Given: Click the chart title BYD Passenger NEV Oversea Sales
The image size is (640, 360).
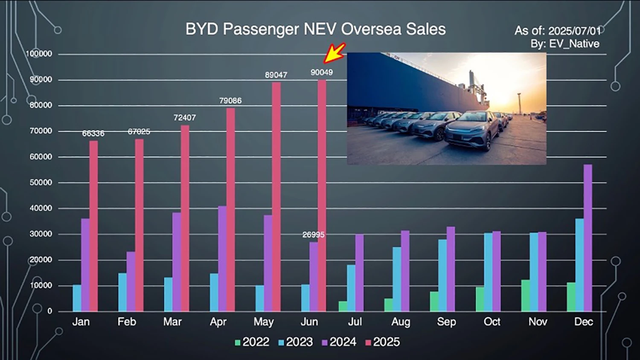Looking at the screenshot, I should [x=315, y=29].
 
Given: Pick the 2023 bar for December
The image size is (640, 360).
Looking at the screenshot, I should [x=579, y=265].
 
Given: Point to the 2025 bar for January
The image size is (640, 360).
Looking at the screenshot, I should [x=93, y=226].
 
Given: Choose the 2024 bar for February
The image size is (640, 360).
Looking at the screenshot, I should [x=131, y=282].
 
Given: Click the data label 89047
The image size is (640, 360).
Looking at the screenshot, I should [x=276, y=75].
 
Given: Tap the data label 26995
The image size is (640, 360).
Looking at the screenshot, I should [x=313, y=235].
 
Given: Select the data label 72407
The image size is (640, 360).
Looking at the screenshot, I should [x=184, y=118].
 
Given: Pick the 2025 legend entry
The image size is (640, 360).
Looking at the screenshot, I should [x=382, y=342].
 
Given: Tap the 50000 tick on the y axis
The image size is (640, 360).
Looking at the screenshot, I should [x=41, y=183].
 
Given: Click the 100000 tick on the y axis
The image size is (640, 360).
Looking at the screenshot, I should [x=39, y=54].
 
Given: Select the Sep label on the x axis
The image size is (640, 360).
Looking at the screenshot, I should [x=446, y=322].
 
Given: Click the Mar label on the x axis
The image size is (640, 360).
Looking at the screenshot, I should [x=172, y=322].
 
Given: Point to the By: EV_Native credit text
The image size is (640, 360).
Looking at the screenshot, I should [x=565, y=44].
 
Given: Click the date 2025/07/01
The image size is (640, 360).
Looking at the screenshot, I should [x=574, y=31].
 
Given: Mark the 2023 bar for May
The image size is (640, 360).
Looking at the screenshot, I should [x=259, y=298].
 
